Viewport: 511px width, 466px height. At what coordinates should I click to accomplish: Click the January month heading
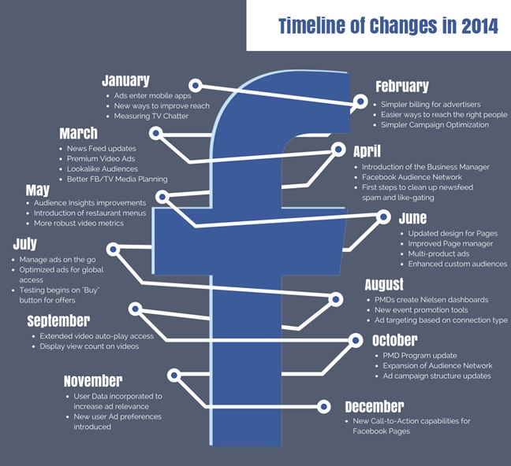[125, 80]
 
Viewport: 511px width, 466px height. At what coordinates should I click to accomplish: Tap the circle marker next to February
[360, 102]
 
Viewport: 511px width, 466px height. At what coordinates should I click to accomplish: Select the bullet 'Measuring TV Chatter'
[151, 116]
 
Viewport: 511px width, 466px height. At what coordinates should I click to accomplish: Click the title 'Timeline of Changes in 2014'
[389, 26]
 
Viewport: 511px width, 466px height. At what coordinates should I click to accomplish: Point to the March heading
[79, 133]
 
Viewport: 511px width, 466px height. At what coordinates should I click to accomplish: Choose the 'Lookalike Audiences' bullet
[103, 169]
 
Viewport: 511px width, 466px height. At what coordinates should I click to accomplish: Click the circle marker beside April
[338, 150]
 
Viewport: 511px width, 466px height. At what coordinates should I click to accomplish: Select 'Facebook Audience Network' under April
[412, 177]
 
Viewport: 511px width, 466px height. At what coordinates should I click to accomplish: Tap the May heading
[38, 190]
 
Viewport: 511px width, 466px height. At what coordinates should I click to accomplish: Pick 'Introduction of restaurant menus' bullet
[90, 213]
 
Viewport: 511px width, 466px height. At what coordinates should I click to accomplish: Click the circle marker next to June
[383, 216]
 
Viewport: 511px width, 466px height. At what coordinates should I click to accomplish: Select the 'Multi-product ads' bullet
[438, 253]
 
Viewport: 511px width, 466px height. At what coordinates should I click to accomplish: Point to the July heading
[25, 244]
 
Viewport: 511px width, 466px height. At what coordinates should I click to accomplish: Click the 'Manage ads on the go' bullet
[58, 260]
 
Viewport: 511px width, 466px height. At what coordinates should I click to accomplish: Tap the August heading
[384, 284]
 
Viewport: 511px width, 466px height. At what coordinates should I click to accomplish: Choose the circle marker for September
[136, 309]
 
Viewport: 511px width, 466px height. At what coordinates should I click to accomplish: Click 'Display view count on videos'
[89, 346]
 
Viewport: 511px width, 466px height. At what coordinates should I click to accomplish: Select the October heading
[395, 340]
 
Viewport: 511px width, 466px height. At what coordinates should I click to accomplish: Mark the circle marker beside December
[323, 406]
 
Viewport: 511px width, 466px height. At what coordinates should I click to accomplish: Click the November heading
[93, 381]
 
